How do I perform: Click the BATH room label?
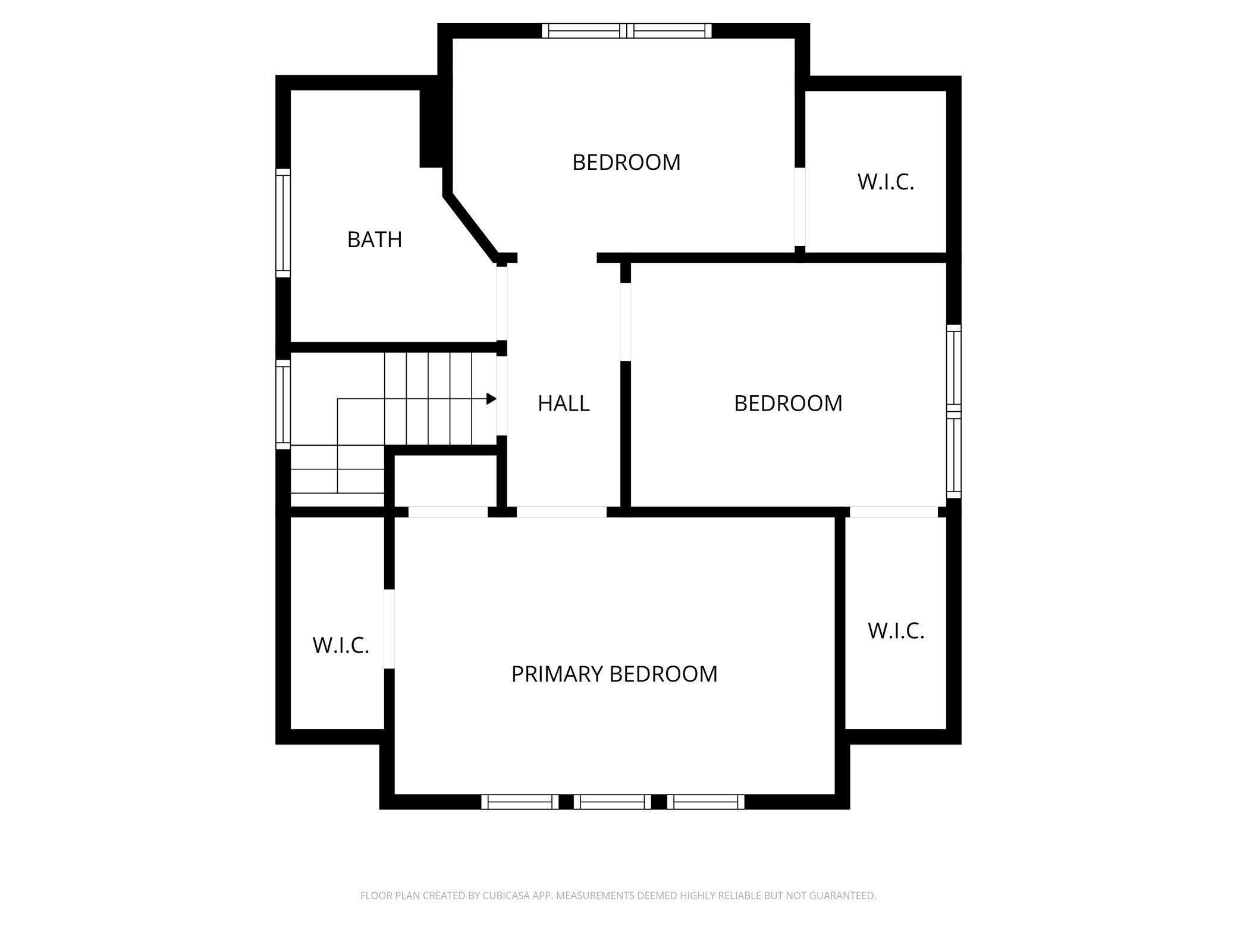tap(375, 239)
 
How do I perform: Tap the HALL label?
tap(564, 403)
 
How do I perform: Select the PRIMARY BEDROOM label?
tap(614, 674)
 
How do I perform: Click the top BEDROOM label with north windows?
tap(626, 162)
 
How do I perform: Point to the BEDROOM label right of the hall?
tap(788, 403)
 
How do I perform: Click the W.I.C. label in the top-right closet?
tap(886, 182)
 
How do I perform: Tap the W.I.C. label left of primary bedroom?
tap(341, 645)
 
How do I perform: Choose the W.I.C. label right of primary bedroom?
tap(896, 631)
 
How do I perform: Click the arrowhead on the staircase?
tap(491, 399)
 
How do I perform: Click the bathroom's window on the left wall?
tap(283, 223)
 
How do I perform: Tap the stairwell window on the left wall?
tap(283, 404)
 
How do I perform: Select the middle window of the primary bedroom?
tap(613, 802)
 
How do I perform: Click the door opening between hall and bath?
tap(502, 303)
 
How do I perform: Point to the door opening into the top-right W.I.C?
tap(800, 207)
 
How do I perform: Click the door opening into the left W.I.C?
tap(389, 629)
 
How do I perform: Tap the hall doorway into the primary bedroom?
tap(561, 512)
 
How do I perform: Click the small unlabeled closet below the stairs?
tap(445, 481)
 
